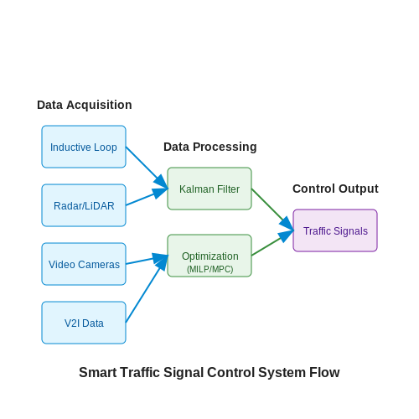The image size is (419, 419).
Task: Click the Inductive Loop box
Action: pos(84,147)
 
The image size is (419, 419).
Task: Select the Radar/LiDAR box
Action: pos(84,205)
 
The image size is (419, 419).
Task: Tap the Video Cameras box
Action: pos(84,264)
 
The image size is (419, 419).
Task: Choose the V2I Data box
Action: pos(84,323)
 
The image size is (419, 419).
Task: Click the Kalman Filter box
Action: pos(209,189)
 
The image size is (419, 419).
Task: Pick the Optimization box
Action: pos(209,256)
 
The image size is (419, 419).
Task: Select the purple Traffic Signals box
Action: pos(335,230)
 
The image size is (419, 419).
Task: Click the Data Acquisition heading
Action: pos(85,105)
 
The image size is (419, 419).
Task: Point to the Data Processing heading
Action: pos(210,147)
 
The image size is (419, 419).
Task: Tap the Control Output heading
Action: pos(335,189)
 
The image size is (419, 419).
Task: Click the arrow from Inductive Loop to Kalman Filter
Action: pos(147,168)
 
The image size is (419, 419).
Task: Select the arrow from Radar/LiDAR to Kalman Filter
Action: pos(147,197)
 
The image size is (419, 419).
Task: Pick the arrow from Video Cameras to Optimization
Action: pos(147,260)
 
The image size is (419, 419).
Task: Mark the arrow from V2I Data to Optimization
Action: pos(147,289)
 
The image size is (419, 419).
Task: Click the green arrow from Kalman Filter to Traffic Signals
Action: pos(272,209)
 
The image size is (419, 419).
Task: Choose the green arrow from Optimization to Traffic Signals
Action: pos(272,243)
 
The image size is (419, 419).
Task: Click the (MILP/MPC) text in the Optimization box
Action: pos(210,269)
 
